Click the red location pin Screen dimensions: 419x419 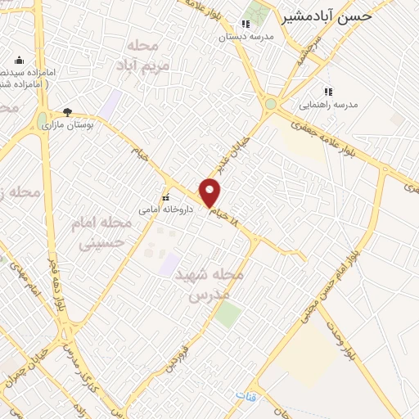point(210,192)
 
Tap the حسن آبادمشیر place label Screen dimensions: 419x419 point(327,16)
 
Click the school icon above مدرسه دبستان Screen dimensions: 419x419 point(245,24)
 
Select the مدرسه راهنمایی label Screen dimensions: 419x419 point(327,105)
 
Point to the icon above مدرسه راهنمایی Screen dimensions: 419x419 point(328,92)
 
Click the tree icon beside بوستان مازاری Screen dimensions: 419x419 point(68,113)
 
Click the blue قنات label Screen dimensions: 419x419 point(246,395)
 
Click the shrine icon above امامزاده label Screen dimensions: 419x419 point(19,60)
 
